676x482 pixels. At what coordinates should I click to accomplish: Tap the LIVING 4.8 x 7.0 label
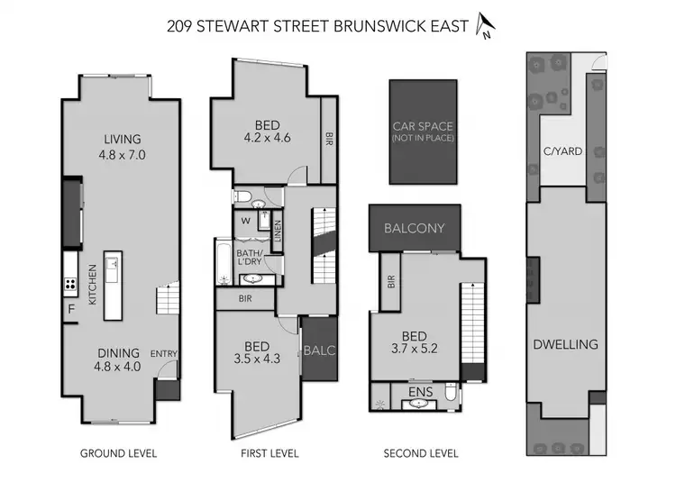(x=121, y=147)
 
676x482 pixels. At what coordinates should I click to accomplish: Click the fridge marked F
(x=70, y=310)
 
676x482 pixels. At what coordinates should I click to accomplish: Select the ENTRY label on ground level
(x=163, y=353)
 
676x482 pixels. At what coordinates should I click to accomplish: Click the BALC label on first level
(x=318, y=349)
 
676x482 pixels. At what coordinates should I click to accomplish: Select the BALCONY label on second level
(x=415, y=228)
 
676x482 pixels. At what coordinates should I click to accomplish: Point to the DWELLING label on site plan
(x=565, y=344)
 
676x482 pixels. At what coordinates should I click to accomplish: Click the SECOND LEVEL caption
(x=421, y=453)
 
